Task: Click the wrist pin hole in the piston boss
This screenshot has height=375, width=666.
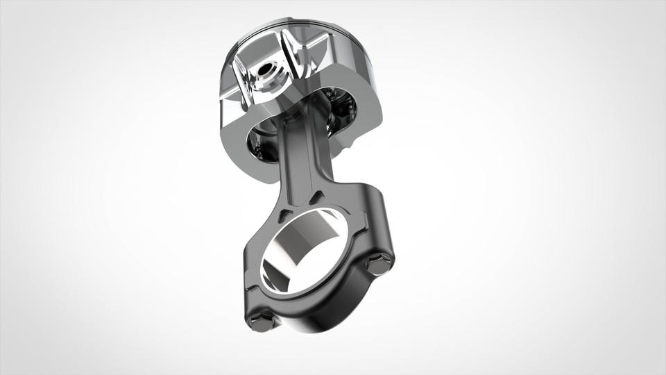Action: pos(264,69)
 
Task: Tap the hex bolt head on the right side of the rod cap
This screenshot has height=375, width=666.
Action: pos(378,265)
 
